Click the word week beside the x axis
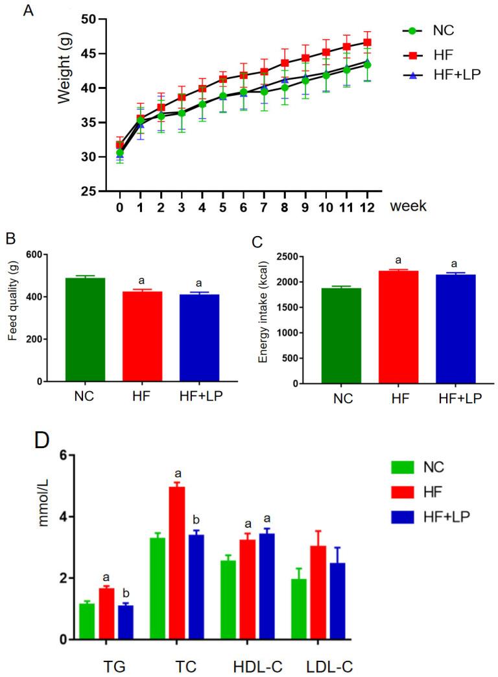click(408, 206)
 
